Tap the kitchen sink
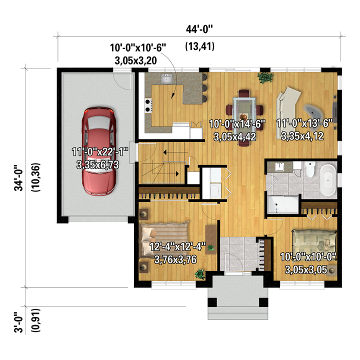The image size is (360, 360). pyautogui.click(x=167, y=78)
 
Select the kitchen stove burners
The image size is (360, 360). pyautogui.click(x=148, y=105)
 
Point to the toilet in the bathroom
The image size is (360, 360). pyautogui.click(x=310, y=169)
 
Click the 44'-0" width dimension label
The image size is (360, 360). pyautogui.click(x=199, y=29)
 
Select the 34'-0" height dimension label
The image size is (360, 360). pyautogui.click(x=19, y=177)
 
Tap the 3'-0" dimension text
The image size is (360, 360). pyautogui.click(x=19, y=322)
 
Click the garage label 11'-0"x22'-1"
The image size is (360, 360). pyautogui.click(x=99, y=152)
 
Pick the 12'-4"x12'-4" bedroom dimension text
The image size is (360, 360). pyautogui.click(x=177, y=247)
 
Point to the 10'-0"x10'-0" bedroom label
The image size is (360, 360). pyautogui.click(x=308, y=256)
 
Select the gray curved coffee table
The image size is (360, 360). pyautogui.click(x=313, y=111)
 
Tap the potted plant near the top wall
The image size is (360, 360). pyautogui.click(x=265, y=77)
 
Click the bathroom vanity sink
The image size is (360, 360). pyautogui.click(x=279, y=166)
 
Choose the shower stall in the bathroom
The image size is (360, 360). pyautogui.click(x=283, y=204)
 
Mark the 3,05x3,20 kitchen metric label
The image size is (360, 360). pyautogui.click(x=135, y=60)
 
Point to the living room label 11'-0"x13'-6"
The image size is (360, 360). pyautogui.click(x=304, y=123)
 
